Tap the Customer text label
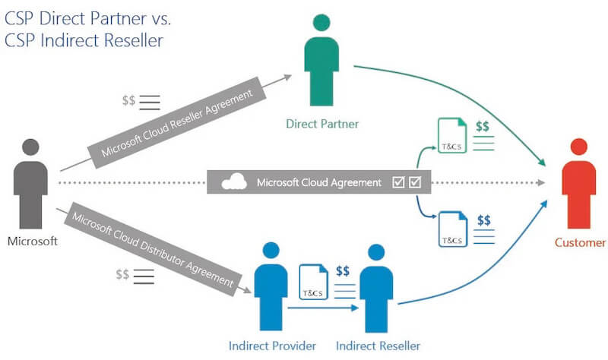tap(580, 243)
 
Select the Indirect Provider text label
tap(272, 346)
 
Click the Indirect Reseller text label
tap(377, 346)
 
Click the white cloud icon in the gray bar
tap(233, 182)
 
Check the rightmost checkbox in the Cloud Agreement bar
tap(416, 182)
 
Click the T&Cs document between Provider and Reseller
tap(312, 283)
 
